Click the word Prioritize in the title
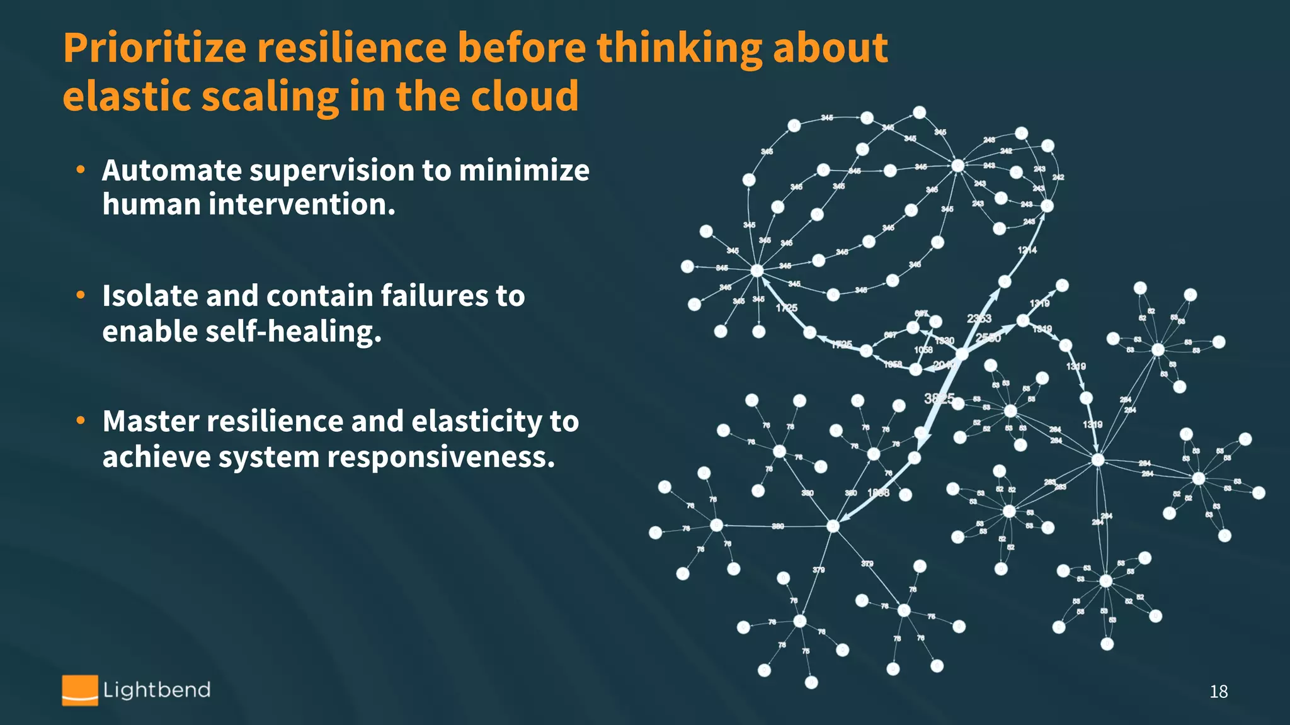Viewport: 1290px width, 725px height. pyautogui.click(x=154, y=49)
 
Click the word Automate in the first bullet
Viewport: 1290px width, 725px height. pyautogui.click(x=171, y=171)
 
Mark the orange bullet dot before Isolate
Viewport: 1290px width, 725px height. pyautogui.click(x=81, y=295)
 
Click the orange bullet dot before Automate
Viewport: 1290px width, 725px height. pyautogui.click(x=81, y=169)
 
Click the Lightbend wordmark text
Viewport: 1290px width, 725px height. pyautogui.click(x=157, y=690)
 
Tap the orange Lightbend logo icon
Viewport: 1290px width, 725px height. pyautogui.click(x=80, y=690)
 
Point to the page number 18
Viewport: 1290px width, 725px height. pyautogui.click(x=1218, y=692)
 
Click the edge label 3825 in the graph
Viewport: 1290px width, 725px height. pyautogui.click(x=939, y=398)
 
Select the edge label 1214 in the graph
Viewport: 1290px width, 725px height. pyautogui.click(x=1027, y=250)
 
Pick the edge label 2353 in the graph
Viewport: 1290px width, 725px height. pyautogui.click(x=979, y=318)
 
